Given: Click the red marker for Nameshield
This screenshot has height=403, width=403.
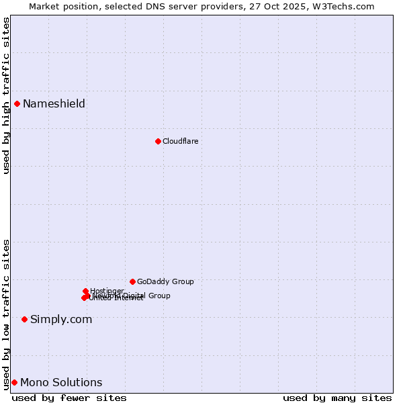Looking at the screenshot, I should tap(17, 103).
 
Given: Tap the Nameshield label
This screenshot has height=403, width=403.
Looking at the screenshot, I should tap(54, 103).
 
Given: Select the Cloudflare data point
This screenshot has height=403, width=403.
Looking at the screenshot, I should tap(158, 141).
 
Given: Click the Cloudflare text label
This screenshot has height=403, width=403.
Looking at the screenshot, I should tap(180, 141).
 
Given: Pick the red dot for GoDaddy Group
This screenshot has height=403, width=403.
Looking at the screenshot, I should tap(132, 281).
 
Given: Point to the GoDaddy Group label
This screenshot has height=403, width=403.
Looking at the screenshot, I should tap(165, 281).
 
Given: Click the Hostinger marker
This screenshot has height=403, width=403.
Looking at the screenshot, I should tap(85, 291).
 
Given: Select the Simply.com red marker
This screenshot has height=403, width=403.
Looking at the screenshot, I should tap(24, 319).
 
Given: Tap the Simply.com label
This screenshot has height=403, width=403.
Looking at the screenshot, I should tap(61, 319).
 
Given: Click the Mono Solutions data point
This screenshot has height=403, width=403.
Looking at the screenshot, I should tap(14, 382).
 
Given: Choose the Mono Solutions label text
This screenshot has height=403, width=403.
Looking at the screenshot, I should tap(61, 382).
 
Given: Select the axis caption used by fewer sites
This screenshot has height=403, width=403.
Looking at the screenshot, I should tap(69, 398).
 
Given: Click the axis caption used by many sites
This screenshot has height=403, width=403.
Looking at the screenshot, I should tap(337, 398).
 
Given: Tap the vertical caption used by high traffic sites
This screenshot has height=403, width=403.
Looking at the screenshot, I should tap(6, 95).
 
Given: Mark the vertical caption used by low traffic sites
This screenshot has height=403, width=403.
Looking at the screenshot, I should tap(6, 314).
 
